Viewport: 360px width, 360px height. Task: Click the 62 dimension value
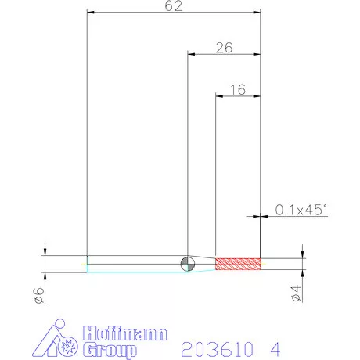click(x=174, y=5)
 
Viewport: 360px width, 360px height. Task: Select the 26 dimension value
click(x=224, y=48)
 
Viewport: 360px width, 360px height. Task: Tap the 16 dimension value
click(x=238, y=90)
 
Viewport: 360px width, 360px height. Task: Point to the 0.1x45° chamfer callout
click(x=301, y=210)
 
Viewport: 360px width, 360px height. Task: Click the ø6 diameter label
click(x=38, y=296)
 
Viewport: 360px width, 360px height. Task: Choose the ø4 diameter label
click(x=296, y=293)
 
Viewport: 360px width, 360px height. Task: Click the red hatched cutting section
click(x=238, y=264)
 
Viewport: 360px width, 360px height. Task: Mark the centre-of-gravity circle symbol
click(x=188, y=264)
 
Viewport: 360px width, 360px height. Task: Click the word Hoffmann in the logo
click(x=125, y=333)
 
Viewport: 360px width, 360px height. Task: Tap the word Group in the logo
click(x=110, y=350)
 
